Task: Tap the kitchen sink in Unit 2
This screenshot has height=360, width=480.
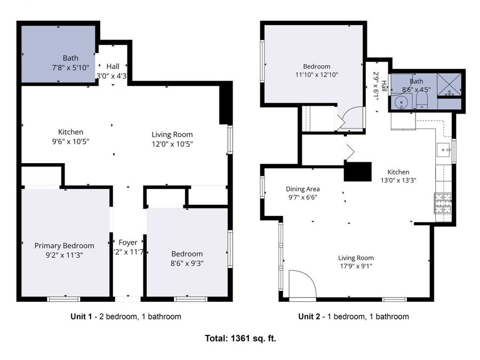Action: pos(444,150)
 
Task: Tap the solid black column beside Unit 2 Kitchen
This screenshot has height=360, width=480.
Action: pos(357,171)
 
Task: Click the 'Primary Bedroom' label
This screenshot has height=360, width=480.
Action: pos(64,245)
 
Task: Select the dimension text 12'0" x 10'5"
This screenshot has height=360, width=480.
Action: pos(172,143)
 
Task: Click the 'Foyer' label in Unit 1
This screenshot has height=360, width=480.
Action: pos(128,243)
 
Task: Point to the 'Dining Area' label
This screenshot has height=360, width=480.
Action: pos(302,189)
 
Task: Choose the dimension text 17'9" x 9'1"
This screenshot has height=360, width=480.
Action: pos(356,267)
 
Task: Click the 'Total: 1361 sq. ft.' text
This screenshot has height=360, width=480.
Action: pos(241,338)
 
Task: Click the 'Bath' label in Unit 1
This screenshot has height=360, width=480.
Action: pos(70,58)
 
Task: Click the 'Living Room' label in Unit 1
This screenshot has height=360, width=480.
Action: pos(172,134)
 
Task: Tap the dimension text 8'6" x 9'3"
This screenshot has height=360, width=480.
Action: pos(187,263)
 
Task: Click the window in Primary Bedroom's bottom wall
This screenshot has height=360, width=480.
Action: pos(64,299)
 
